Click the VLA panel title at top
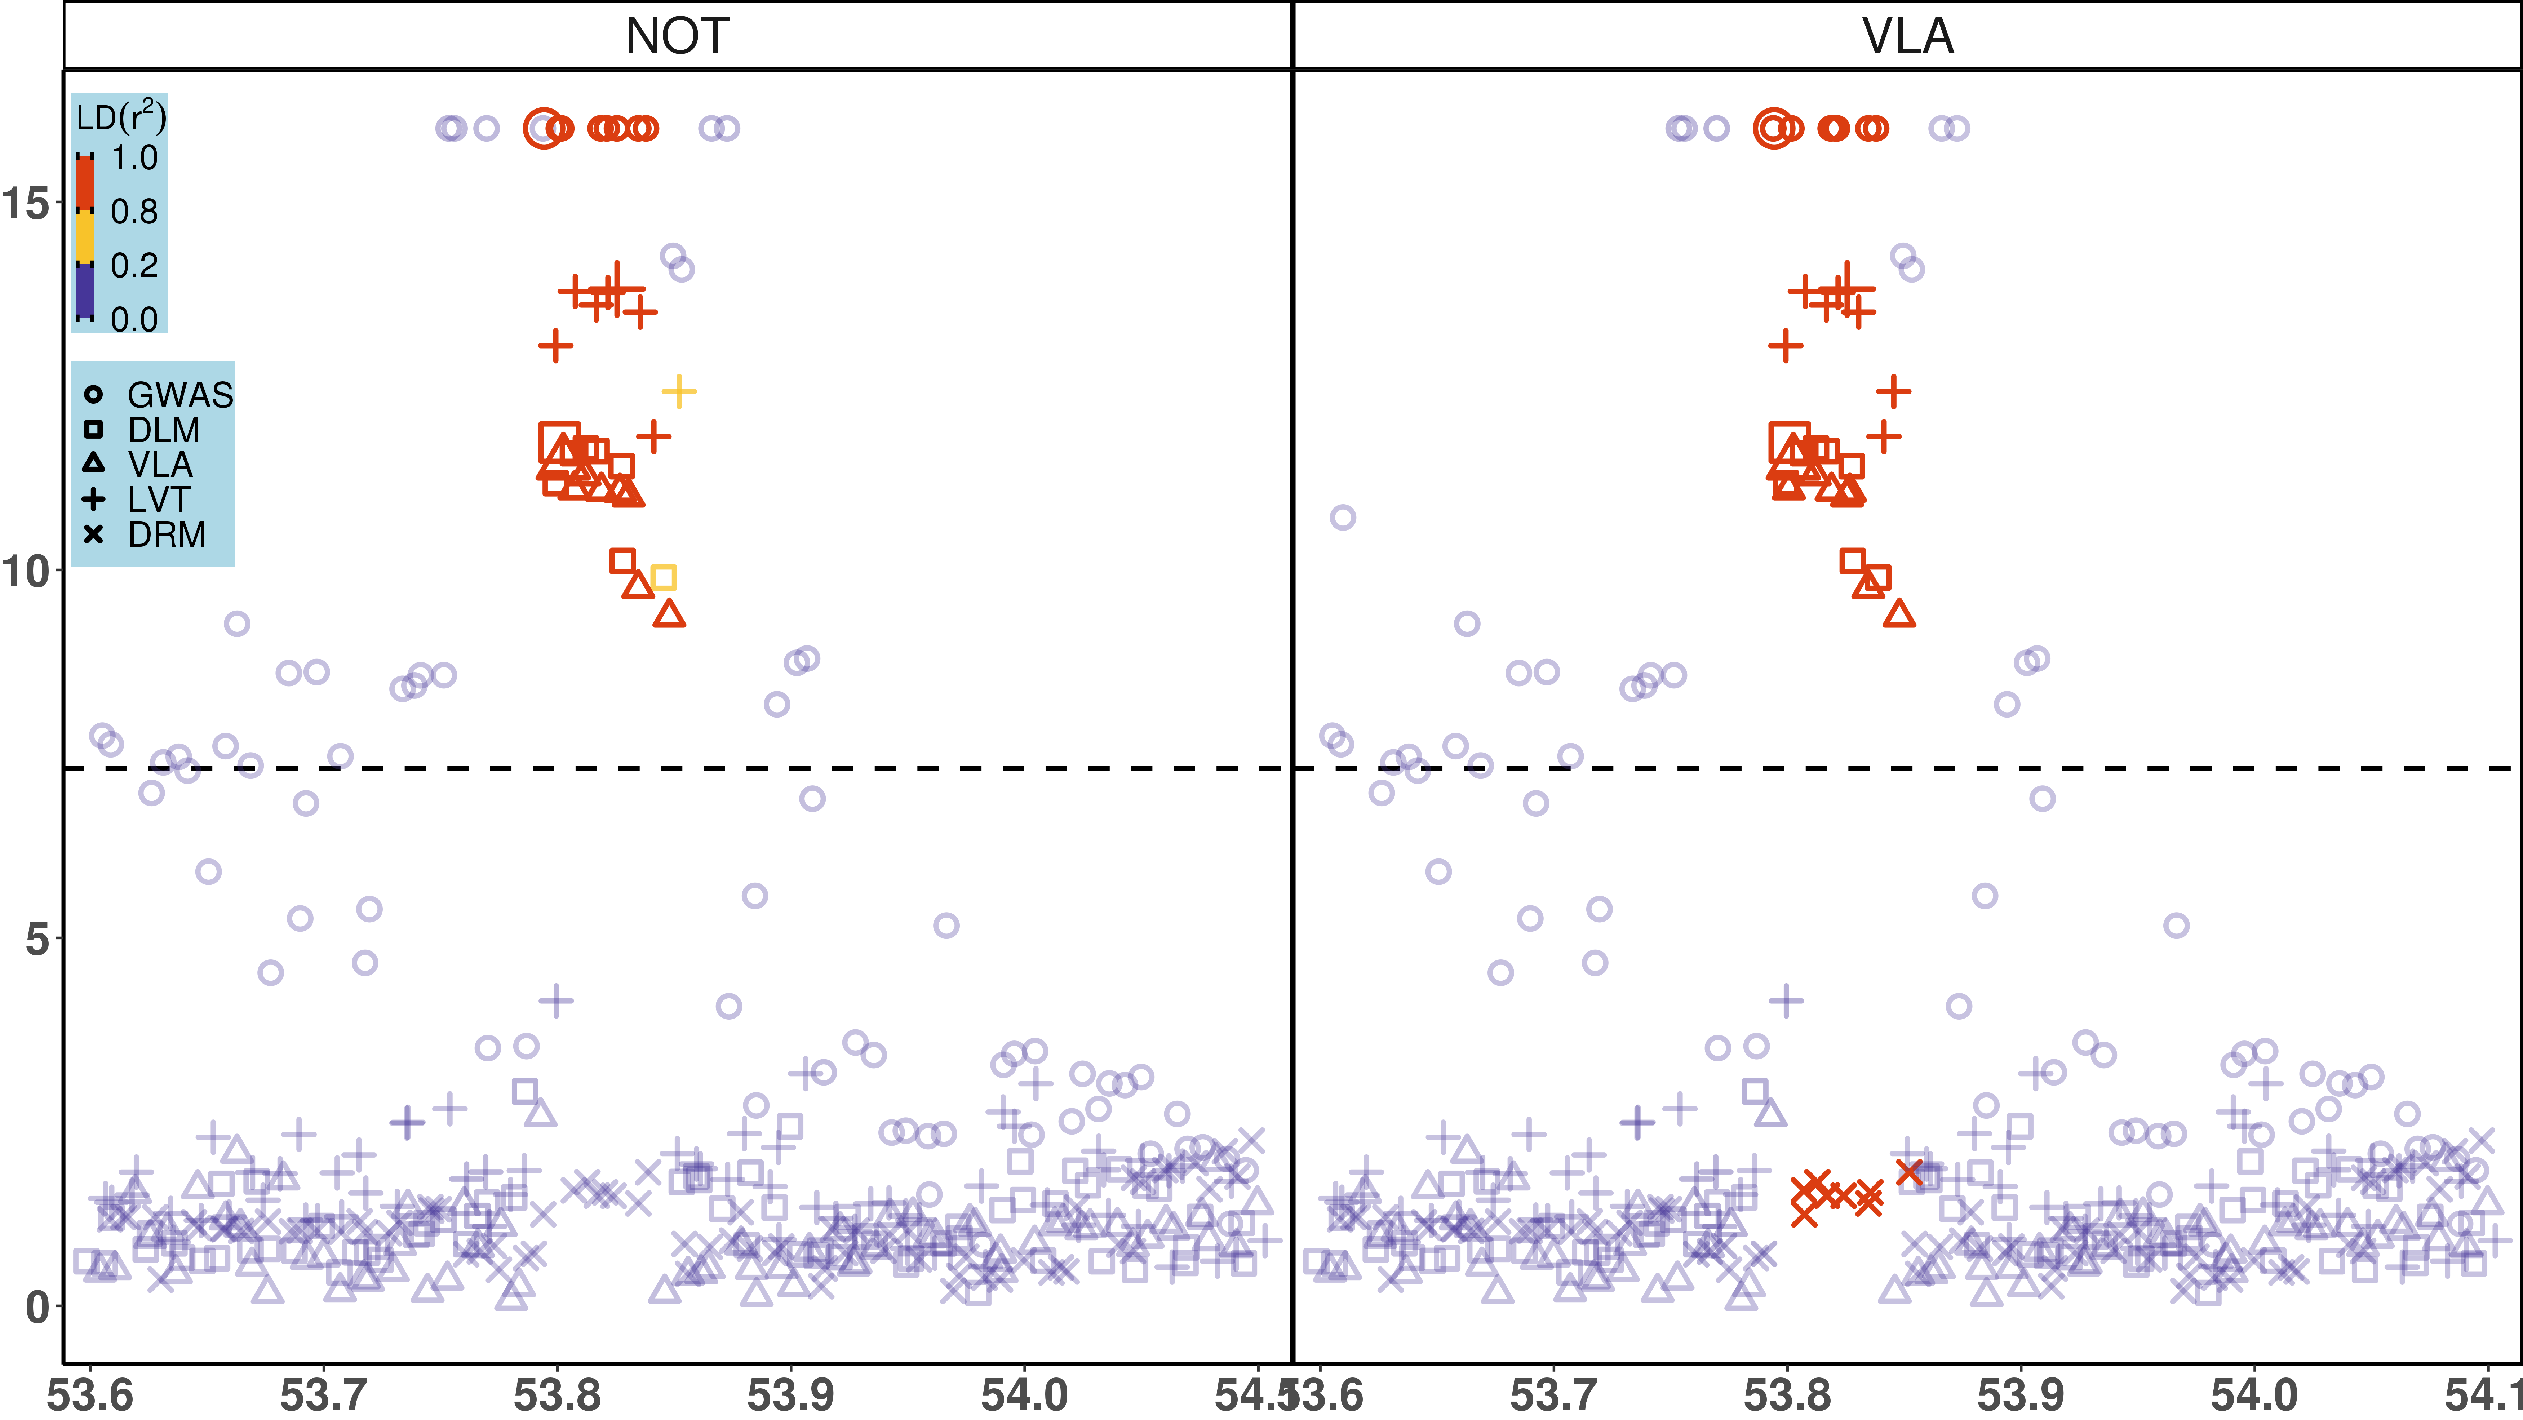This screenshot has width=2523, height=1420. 1907,36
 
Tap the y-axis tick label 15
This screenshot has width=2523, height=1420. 26,204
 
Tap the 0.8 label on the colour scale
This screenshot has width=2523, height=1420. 134,212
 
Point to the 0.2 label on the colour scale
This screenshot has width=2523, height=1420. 134,265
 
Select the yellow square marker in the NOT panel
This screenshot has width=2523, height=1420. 663,578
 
